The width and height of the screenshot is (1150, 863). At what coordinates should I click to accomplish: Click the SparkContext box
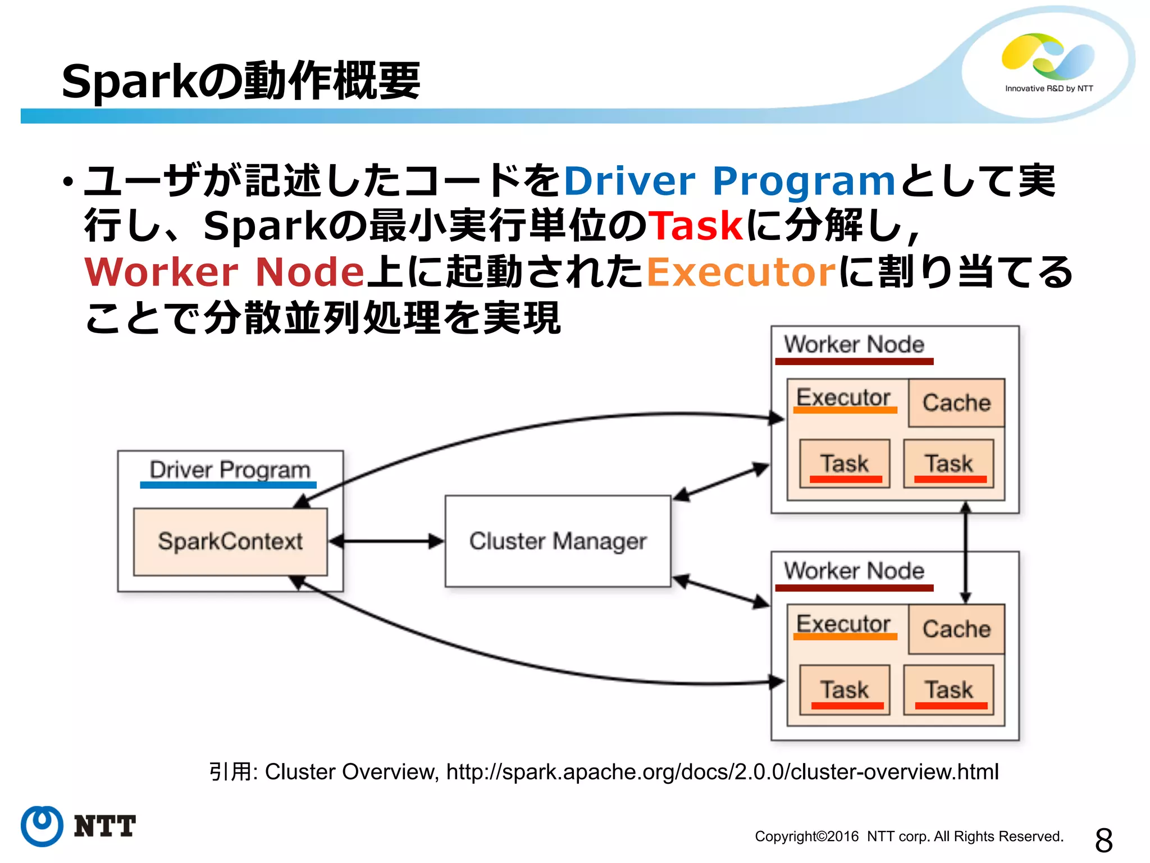pyautogui.click(x=230, y=542)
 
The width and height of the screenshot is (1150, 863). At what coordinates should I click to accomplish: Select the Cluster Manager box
pyautogui.click(x=558, y=541)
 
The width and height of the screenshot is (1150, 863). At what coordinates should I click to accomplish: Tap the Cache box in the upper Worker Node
pyautogui.click(x=956, y=403)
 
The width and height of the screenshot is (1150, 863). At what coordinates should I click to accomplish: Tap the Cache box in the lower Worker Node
pyautogui.click(x=956, y=629)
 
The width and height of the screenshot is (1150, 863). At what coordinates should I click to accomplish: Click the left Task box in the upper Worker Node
pyautogui.click(x=845, y=464)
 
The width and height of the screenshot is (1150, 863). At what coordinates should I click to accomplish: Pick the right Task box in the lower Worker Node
pyautogui.click(x=948, y=690)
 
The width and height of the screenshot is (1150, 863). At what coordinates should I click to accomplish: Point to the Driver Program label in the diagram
pyautogui.click(x=230, y=470)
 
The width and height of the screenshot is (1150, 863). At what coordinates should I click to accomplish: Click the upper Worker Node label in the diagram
pyautogui.click(x=854, y=344)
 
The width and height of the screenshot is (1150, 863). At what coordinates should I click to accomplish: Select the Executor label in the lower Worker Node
pyautogui.click(x=843, y=624)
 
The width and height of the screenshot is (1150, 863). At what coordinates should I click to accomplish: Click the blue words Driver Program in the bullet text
pyautogui.click(x=729, y=181)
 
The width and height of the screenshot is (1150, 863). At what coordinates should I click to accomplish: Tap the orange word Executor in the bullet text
pyautogui.click(x=742, y=272)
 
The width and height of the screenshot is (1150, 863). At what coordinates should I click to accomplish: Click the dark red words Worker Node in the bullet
pyautogui.click(x=225, y=272)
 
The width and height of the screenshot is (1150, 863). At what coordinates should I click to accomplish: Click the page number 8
pyautogui.click(x=1103, y=841)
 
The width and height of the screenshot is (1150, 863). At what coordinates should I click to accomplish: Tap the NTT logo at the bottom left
pyautogui.click(x=79, y=826)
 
